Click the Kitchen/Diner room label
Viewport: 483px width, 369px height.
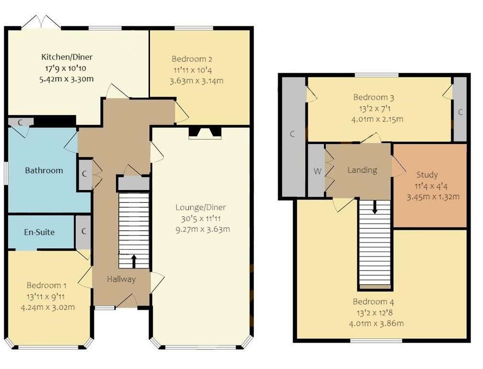pyautogui.click(x=67, y=57)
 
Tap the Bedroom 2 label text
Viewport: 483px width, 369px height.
pyautogui.click(x=192, y=59)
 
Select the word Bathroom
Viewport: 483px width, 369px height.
pyautogui.click(x=44, y=170)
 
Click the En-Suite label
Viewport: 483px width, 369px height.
pyautogui.click(x=39, y=232)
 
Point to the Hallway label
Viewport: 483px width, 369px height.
pyautogui.click(x=121, y=279)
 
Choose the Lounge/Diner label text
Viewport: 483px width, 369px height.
pyautogui.click(x=200, y=208)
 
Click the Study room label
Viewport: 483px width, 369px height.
pyautogui.click(x=426, y=175)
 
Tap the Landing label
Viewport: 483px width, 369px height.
pyautogui.click(x=362, y=170)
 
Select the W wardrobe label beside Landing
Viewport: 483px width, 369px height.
pyautogui.click(x=317, y=171)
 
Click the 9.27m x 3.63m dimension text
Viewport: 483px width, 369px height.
pyautogui.click(x=203, y=229)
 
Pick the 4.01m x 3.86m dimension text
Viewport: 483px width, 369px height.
pyautogui.click(x=376, y=323)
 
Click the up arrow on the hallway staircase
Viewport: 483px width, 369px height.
pyautogui.click(x=134, y=260)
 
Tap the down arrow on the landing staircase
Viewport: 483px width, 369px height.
pyautogui.click(x=375, y=208)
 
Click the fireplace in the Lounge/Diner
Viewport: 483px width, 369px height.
pyautogui.click(x=205, y=133)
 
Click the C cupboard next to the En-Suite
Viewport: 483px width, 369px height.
pyautogui.click(x=83, y=232)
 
